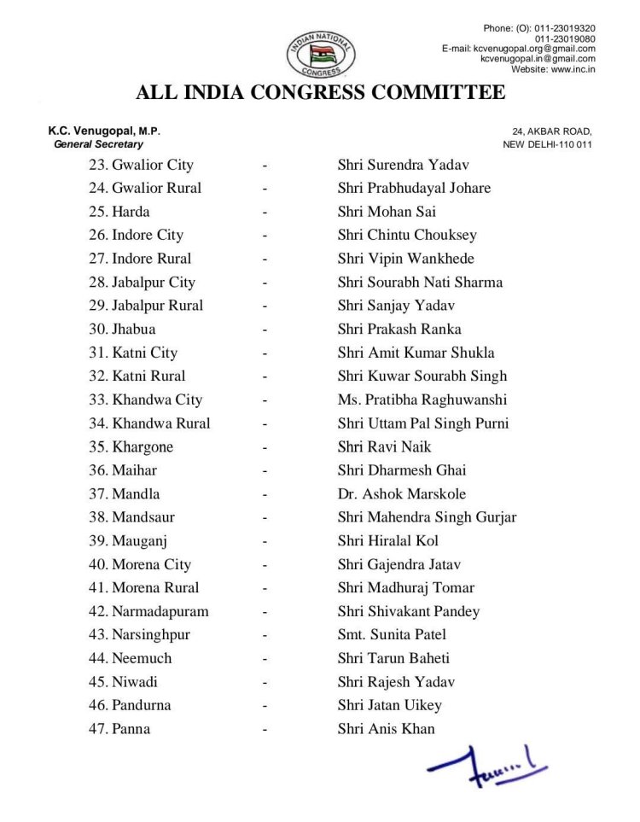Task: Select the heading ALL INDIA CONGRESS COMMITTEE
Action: coord(320,92)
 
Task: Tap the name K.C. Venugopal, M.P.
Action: coord(104,131)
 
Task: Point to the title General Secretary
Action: coord(98,144)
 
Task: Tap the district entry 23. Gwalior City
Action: coord(141,165)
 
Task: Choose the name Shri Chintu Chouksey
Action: coord(407,235)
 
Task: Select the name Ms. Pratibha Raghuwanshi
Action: coord(422,399)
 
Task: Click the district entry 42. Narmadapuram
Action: coord(148,611)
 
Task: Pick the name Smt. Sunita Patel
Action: coord(392,634)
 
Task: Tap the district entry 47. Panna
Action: coord(119,729)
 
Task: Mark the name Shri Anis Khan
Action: coord(386,729)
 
